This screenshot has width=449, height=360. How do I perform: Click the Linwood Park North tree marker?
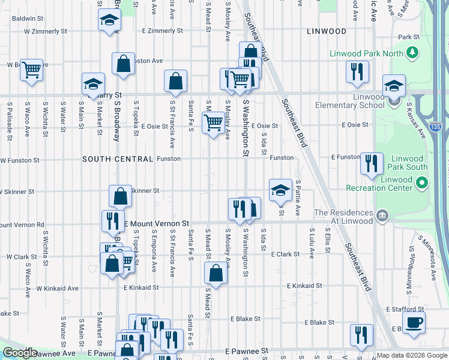click(x=412, y=53)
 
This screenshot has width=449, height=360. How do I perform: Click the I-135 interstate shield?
click(x=436, y=127)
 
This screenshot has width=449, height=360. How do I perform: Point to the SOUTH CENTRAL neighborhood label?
click(x=118, y=159)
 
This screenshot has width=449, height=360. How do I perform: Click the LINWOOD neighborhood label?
click(x=326, y=31)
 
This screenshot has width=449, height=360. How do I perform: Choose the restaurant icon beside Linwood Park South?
click(x=372, y=163)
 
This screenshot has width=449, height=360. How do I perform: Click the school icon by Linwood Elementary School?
click(x=394, y=86)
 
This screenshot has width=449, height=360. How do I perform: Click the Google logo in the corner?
click(x=20, y=353)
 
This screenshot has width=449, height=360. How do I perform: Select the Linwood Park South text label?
click(x=400, y=163)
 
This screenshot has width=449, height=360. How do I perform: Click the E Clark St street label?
click(x=285, y=254)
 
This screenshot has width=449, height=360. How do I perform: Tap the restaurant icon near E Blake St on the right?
click(x=361, y=335)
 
